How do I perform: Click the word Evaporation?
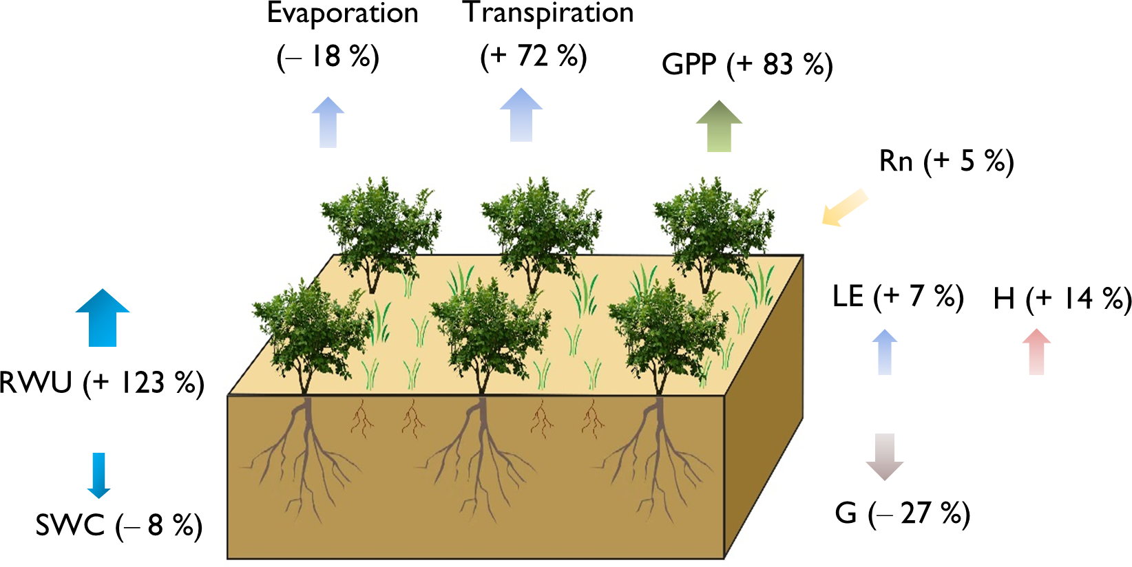(x=342, y=14)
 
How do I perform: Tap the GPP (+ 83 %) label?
(x=747, y=65)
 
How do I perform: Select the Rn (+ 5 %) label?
(x=946, y=161)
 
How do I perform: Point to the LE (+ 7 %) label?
(x=897, y=297)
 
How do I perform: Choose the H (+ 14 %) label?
(x=1062, y=299)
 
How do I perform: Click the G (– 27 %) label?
(x=902, y=513)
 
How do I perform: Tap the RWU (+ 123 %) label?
(x=102, y=383)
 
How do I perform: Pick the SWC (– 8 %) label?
(x=118, y=526)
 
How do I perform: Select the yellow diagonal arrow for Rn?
(x=844, y=207)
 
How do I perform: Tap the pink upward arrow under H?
(x=1036, y=352)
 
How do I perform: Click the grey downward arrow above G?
(x=884, y=456)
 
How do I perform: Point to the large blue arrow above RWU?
(x=103, y=317)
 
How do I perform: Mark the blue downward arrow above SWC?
(x=99, y=475)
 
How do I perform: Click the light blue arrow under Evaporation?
(x=328, y=122)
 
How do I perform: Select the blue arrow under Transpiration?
(x=521, y=115)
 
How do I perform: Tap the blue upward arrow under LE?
(x=885, y=352)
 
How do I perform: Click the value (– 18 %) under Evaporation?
(x=328, y=56)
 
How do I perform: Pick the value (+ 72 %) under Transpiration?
(x=533, y=56)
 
